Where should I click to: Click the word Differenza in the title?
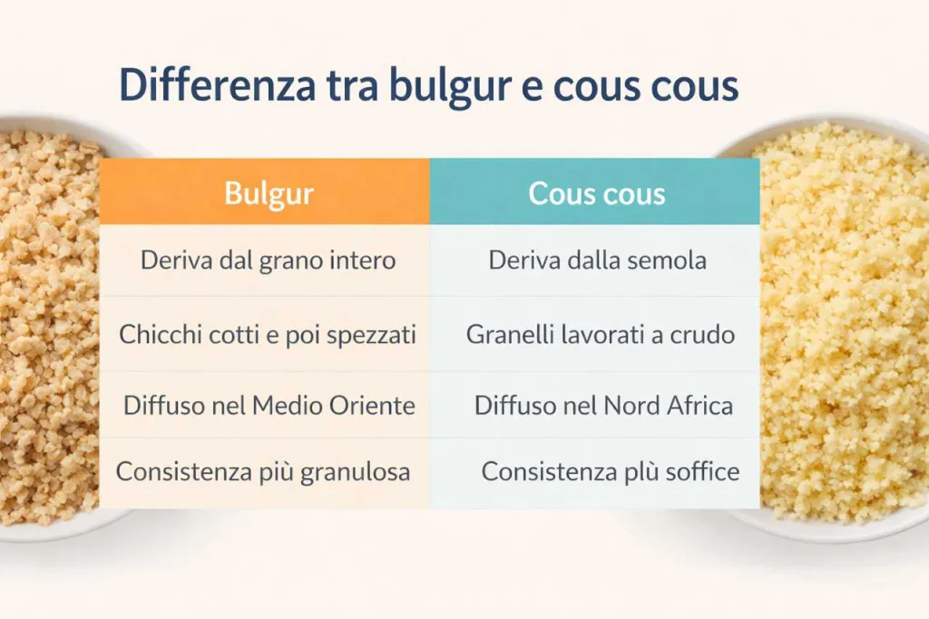click(218, 84)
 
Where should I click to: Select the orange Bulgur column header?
click(265, 192)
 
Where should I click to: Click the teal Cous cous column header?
click(595, 192)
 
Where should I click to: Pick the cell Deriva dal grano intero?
click(265, 260)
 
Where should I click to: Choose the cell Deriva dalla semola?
click(595, 260)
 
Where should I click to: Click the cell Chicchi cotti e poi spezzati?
click(265, 334)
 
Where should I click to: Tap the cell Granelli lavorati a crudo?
click(595, 334)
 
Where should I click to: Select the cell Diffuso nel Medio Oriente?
click(265, 406)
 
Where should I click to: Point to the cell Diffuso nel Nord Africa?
click(595, 406)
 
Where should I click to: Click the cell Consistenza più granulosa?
click(265, 473)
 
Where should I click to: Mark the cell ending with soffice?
click(595, 473)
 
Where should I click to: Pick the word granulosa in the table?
click(355, 473)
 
